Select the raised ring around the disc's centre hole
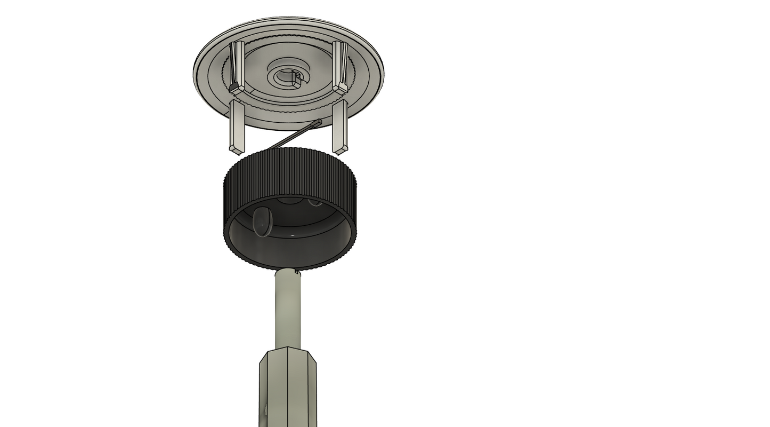pos(277,70)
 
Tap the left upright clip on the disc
pos(237,67)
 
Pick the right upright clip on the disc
pos(341,66)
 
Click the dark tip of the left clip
pos(233,85)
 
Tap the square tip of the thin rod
pos(318,123)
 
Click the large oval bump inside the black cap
pos(262,222)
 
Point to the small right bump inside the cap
pos(315,202)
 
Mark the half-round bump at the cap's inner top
pos(290,201)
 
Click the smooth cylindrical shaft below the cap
pos(288,310)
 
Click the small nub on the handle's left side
pos(265,410)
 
